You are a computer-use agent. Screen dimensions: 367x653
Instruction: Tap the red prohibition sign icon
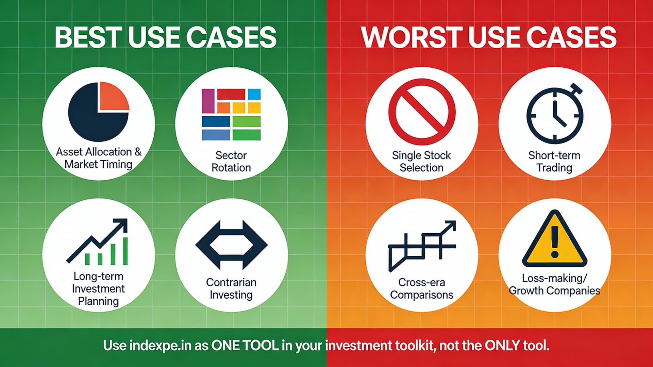pyautogui.click(x=422, y=112)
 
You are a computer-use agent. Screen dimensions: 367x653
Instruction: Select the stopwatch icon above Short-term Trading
pyautogui.click(x=555, y=114)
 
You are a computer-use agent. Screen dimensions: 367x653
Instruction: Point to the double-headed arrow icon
pyautogui.click(x=231, y=245)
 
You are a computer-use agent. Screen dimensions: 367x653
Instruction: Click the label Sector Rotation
pyautogui.click(x=231, y=162)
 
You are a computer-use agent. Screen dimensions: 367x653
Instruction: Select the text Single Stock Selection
pyautogui.click(x=421, y=162)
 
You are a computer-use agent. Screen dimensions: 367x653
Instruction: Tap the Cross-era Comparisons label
pyautogui.click(x=421, y=288)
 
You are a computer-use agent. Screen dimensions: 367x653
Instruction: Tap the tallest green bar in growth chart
pyautogui.click(x=125, y=251)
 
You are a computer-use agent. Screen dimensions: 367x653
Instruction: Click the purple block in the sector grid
pyautogui.click(x=208, y=101)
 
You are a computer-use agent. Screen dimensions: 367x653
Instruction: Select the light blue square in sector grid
pyautogui.click(x=254, y=94)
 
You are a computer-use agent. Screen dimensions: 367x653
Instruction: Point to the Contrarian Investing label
pyautogui.click(x=231, y=288)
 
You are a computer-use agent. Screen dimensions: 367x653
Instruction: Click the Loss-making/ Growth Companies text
pyautogui.click(x=554, y=284)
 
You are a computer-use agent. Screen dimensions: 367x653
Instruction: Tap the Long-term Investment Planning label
pyautogui.click(x=98, y=289)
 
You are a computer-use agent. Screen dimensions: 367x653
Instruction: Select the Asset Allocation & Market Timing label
pyautogui.click(x=98, y=158)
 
